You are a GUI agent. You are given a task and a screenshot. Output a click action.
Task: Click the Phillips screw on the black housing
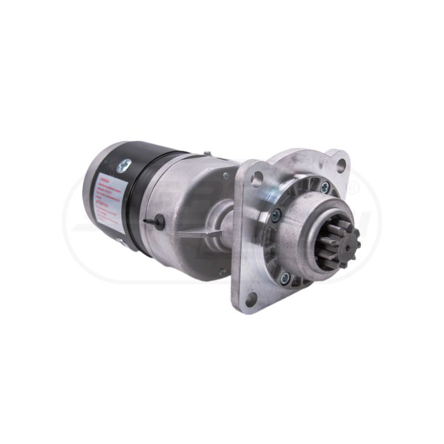coord(123,167)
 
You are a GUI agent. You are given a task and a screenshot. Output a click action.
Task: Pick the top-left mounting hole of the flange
coord(257,180)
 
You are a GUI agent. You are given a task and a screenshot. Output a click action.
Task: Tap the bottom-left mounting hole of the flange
coord(251,298)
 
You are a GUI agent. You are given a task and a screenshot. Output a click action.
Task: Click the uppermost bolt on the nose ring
coord(325,187)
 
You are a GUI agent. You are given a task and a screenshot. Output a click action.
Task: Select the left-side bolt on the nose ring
coord(276,214)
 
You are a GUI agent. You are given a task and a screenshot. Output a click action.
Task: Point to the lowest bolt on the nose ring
coord(285,277)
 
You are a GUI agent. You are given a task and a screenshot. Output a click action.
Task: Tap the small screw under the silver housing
coord(221,272)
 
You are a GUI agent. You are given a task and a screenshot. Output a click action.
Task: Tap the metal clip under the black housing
coord(121,241)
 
